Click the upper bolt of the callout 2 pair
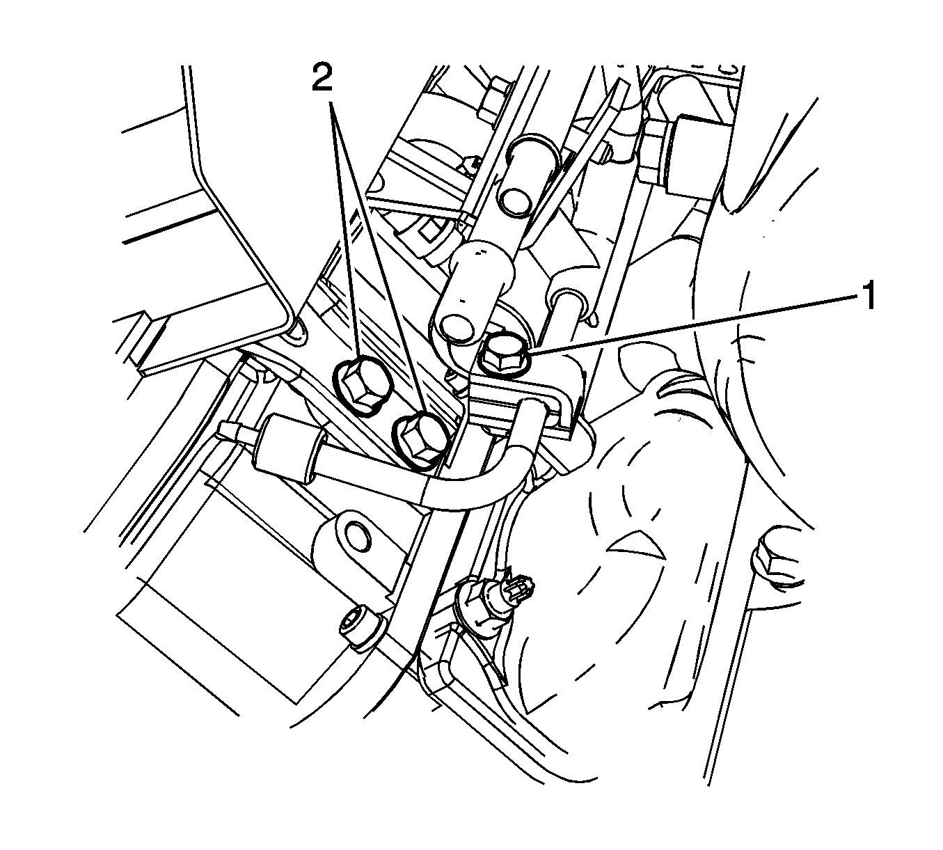tap(359, 386)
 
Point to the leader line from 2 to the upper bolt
tap(345, 230)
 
